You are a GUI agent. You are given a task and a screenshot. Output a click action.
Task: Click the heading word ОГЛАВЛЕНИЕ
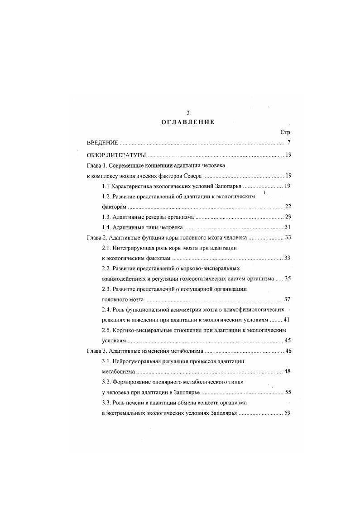(x=187, y=122)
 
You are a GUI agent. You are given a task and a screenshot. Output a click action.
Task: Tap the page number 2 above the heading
(x=187, y=113)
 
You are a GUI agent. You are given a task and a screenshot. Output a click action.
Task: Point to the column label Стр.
(x=286, y=132)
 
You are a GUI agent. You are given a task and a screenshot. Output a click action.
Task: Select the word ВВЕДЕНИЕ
(x=102, y=144)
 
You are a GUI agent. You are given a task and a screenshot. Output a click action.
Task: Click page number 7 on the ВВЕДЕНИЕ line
(x=288, y=144)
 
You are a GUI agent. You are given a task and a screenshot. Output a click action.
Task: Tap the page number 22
(x=287, y=206)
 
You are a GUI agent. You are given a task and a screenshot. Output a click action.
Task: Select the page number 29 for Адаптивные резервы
(x=287, y=217)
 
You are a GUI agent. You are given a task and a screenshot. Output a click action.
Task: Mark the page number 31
(x=287, y=227)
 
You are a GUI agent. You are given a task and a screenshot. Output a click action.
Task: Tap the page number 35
(x=287, y=279)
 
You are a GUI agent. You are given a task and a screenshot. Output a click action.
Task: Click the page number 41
(x=287, y=320)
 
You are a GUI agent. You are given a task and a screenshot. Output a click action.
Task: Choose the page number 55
(x=287, y=392)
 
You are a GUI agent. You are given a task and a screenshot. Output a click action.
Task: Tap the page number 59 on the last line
(x=287, y=413)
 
